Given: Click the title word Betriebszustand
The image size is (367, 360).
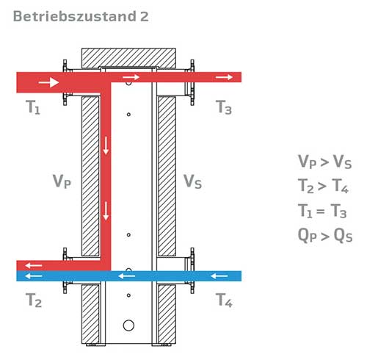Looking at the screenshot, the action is pyautogui.click(x=75, y=16).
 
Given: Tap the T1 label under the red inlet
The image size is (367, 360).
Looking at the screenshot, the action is pyautogui.click(x=33, y=107).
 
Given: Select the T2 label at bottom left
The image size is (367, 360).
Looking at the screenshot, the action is pyautogui.click(x=34, y=300).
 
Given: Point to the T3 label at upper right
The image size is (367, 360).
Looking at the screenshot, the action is pyautogui.click(x=224, y=107).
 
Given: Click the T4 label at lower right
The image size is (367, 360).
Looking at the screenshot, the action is pyautogui.click(x=224, y=300).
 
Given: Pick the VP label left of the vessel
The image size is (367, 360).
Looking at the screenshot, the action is pyautogui.click(x=62, y=181).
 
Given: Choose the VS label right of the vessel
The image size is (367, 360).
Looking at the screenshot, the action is pyautogui.click(x=192, y=181).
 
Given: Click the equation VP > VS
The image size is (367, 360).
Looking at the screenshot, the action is pyautogui.click(x=324, y=162).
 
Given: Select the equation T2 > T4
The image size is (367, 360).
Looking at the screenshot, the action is pyautogui.click(x=323, y=185).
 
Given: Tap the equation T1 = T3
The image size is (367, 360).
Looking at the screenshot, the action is pyautogui.click(x=322, y=211).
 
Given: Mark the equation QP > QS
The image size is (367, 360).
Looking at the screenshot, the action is pyautogui.click(x=325, y=235).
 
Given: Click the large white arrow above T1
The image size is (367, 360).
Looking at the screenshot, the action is pyautogui.click(x=48, y=82).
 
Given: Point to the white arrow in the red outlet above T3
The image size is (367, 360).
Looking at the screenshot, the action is pyautogui.click(x=224, y=77).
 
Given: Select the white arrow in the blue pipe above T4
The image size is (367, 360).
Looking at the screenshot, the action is pyautogui.click(x=219, y=276).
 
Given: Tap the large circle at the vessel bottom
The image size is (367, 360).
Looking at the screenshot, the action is pyautogui.click(x=128, y=325).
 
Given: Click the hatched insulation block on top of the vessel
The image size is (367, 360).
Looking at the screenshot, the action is pyautogui.click(x=128, y=58).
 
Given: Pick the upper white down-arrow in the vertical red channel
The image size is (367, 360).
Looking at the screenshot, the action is pyautogui.click(x=106, y=145).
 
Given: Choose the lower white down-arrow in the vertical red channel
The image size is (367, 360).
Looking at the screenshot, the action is pyautogui.click(x=106, y=211).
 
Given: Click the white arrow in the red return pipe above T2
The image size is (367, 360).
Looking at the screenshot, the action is pyautogui.click(x=34, y=265).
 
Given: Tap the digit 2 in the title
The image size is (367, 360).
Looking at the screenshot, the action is pyautogui.click(x=145, y=16).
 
